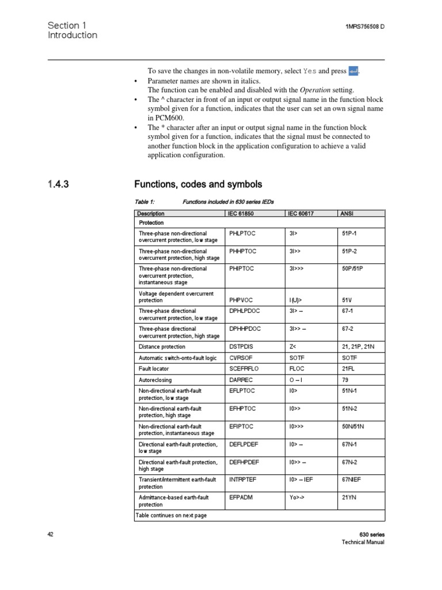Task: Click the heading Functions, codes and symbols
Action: point(198,184)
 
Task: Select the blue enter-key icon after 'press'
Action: point(354,71)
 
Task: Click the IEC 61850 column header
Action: point(242,214)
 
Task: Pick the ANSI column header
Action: point(347,214)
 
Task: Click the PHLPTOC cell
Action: point(242,234)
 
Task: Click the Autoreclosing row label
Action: point(154,380)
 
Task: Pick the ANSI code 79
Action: point(345,380)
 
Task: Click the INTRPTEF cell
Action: point(243,479)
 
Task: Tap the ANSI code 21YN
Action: point(349,497)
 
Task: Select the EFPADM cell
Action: point(241,497)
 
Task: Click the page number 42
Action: point(51,535)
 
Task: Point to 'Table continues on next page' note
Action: point(171,515)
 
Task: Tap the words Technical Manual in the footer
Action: point(363,543)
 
